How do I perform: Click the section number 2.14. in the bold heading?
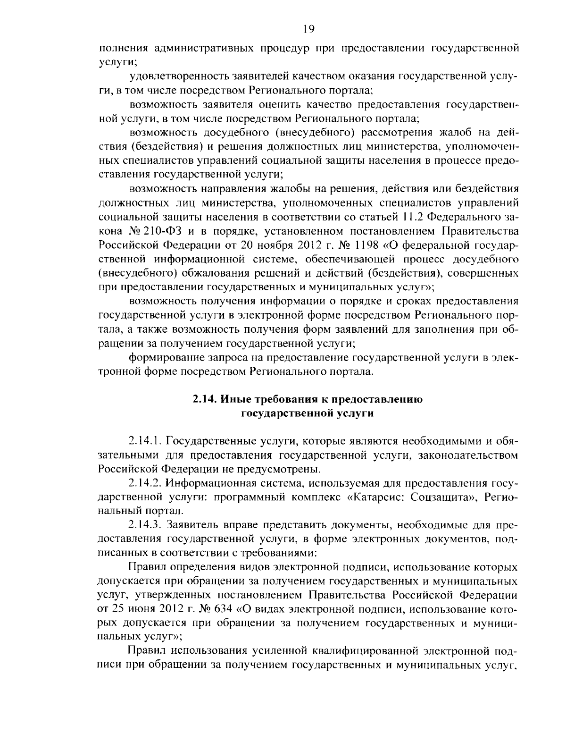click(206, 400)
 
